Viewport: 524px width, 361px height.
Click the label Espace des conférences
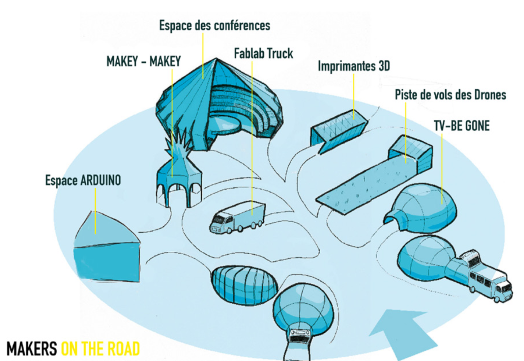click(x=214, y=26)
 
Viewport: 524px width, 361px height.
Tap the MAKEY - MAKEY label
click(x=144, y=61)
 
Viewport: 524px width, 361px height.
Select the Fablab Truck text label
click(x=263, y=53)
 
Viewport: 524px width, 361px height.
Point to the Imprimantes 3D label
click(x=354, y=66)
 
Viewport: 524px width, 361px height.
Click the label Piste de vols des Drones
click(x=450, y=95)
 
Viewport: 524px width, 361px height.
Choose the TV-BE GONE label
click(x=462, y=126)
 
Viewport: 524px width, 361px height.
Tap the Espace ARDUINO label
click(x=83, y=180)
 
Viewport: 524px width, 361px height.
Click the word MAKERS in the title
click(x=32, y=349)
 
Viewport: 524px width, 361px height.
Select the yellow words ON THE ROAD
click(x=100, y=349)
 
